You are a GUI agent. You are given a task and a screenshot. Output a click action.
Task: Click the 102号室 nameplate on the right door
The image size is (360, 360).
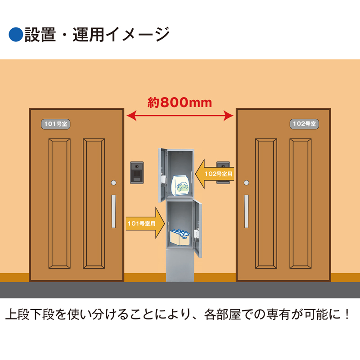coord(304,124)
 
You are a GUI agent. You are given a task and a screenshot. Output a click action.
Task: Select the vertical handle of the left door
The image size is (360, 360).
coord(113,211)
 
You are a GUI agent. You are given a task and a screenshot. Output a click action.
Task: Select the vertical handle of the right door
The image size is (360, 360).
coord(246,211)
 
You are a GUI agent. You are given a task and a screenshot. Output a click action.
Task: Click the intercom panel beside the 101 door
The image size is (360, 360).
coord(136,172)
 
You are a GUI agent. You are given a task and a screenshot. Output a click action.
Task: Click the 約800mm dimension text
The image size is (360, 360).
coord(180,103)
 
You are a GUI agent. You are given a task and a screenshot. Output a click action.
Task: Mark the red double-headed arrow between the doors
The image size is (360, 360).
coord(180,117)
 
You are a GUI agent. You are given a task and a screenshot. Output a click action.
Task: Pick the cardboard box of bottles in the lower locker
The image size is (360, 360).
coord(181,237)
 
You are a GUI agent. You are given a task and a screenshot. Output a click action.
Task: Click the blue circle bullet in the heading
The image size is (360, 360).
coord(16,35)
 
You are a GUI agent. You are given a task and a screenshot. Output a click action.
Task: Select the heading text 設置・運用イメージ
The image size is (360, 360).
coord(97,35)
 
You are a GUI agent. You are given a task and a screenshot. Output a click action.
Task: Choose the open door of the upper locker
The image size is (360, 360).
coord(162,174)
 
